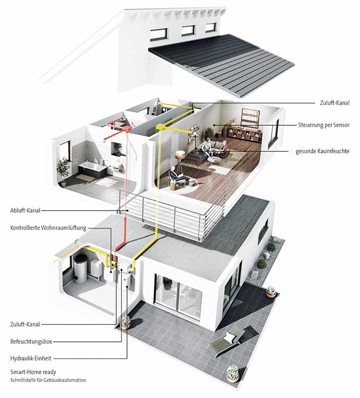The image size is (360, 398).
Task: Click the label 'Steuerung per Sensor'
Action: [324, 125]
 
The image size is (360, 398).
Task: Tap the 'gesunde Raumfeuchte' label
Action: [322, 151]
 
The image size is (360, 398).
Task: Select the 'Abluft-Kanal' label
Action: [25, 211]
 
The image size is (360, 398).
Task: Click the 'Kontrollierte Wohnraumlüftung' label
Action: [48, 228]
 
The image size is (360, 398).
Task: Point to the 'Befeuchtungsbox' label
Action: [31, 341]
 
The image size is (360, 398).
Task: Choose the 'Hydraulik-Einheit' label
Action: [31, 358]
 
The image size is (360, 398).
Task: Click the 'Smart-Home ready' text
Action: [33, 372]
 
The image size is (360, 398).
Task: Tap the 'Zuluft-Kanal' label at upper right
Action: [335, 103]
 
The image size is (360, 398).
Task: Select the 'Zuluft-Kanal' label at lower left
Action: [25, 324]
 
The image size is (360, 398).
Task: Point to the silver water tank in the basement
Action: [81, 269]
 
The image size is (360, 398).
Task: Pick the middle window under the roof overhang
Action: [188, 30]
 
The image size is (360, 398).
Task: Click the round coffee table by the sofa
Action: [214, 160]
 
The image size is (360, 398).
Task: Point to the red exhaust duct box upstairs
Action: [126, 128]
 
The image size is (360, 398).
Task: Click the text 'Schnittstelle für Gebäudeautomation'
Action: [48, 380]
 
